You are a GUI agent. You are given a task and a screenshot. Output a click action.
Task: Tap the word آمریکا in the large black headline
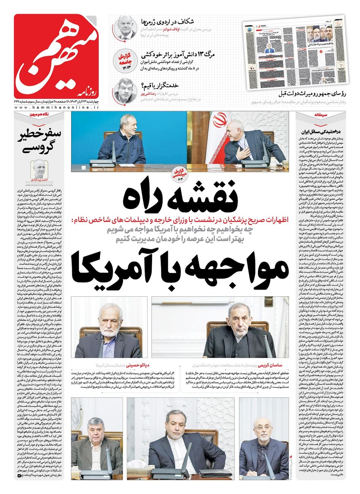122,270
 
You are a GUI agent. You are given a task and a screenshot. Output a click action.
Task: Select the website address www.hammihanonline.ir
56,108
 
